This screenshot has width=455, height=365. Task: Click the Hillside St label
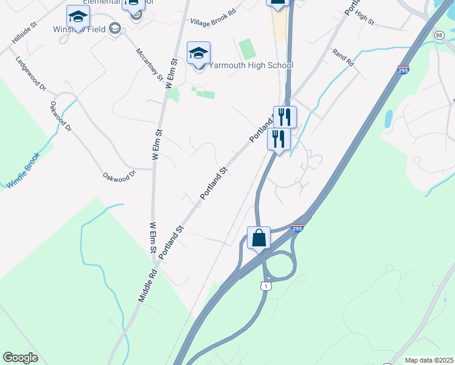(x=24, y=34)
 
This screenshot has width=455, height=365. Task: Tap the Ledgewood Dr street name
(x=32, y=74)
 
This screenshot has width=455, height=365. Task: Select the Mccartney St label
(x=150, y=63)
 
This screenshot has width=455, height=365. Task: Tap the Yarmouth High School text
(x=251, y=65)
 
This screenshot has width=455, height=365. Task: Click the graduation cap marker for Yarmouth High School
(x=198, y=54)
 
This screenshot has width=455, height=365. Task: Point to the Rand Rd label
(x=343, y=58)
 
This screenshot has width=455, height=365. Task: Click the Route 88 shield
(x=439, y=36)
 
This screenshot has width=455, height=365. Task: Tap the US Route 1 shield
(x=265, y=285)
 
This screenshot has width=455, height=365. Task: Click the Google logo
(x=20, y=358)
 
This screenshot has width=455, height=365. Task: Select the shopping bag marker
(x=259, y=238)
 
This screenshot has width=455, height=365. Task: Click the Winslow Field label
(x=79, y=29)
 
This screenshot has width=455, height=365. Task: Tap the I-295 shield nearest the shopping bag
(x=296, y=228)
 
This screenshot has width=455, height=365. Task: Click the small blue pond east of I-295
(x=389, y=119)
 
